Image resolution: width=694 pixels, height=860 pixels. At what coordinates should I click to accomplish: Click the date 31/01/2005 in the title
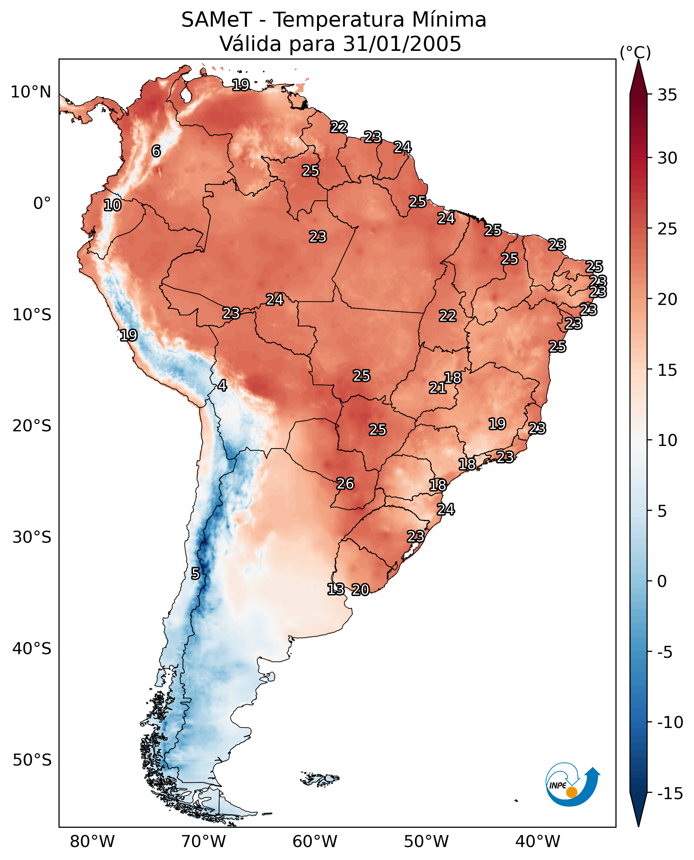pyautogui.click(x=402, y=44)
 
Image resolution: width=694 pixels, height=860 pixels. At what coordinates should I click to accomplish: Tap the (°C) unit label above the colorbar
pyautogui.click(x=635, y=52)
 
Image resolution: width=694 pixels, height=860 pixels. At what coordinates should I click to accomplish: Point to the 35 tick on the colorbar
pyautogui.click(x=667, y=95)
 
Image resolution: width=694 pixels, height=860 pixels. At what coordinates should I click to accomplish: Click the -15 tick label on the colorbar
pyautogui.click(x=670, y=793)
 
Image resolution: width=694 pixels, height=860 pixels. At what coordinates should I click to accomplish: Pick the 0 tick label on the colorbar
pyautogui.click(x=662, y=581)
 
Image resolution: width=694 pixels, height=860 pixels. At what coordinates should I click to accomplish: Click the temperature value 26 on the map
pyautogui.click(x=345, y=484)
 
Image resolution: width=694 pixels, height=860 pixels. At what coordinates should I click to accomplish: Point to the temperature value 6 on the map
pyautogui.click(x=156, y=151)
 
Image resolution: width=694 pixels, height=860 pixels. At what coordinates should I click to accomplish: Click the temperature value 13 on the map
pyautogui.click(x=335, y=589)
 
